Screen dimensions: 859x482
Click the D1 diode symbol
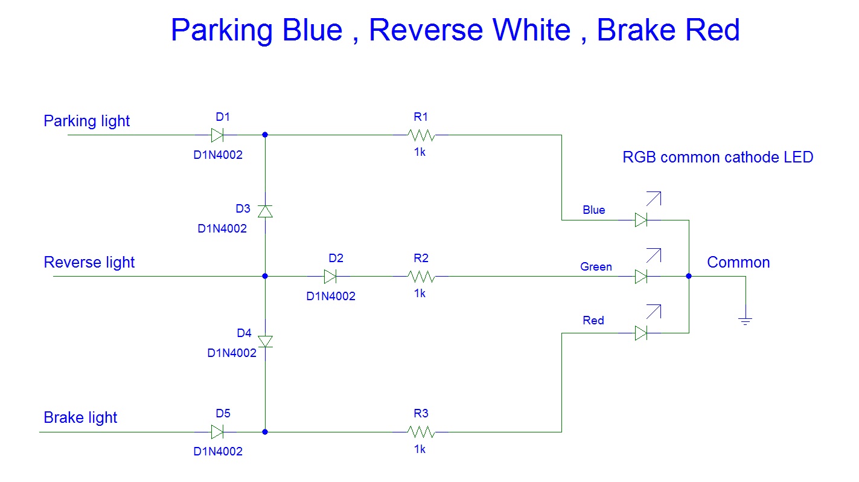tap(217, 135)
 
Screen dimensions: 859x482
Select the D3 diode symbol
tap(265, 211)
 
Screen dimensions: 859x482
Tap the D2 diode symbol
tap(330, 276)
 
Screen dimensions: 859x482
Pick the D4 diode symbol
tap(265, 341)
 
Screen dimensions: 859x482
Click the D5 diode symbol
tap(217, 432)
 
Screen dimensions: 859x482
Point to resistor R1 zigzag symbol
tap(421, 135)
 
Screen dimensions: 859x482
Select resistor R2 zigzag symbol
tap(421, 276)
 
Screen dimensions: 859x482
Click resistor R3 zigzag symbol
tap(421, 432)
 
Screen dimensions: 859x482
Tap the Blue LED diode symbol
tap(641, 220)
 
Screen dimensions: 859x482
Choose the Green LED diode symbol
tap(641, 276)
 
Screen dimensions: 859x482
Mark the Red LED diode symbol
tap(641, 333)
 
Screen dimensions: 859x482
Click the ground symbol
tap(745, 321)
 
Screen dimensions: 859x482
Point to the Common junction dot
tap(689, 276)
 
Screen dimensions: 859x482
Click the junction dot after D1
tap(265, 135)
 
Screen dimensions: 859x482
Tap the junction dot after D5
tap(265, 432)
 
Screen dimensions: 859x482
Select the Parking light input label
tap(87, 121)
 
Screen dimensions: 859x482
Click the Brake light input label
tap(80, 417)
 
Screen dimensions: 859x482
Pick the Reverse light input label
tap(89, 263)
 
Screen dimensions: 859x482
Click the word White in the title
tap(531, 30)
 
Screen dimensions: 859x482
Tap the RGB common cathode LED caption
tap(718, 157)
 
